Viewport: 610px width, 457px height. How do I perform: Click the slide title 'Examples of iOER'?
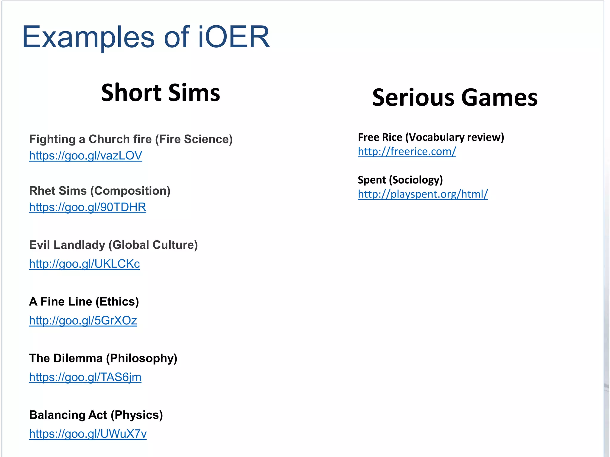point(146,37)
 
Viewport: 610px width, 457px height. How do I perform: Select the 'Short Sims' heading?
point(161,93)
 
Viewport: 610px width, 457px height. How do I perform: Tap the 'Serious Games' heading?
point(455,97)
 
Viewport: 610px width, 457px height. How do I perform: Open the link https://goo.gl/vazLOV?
point(85,156)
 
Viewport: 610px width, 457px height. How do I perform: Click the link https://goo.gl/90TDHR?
point(88,207)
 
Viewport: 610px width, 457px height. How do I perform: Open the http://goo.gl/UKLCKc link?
point(84,264)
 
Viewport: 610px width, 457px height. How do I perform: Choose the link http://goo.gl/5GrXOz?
point(83,320)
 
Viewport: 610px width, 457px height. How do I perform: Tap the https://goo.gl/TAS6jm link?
point(85,377)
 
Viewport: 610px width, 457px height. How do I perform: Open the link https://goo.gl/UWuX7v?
point(88,434)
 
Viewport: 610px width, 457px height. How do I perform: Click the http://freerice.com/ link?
point(407,151)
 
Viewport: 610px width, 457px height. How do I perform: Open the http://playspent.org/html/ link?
point(423,194)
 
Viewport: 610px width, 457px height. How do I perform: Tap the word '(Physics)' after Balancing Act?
point(137,415)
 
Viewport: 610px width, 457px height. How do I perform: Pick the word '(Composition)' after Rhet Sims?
point(130,191)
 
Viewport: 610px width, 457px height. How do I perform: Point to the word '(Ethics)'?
point(117,302)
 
